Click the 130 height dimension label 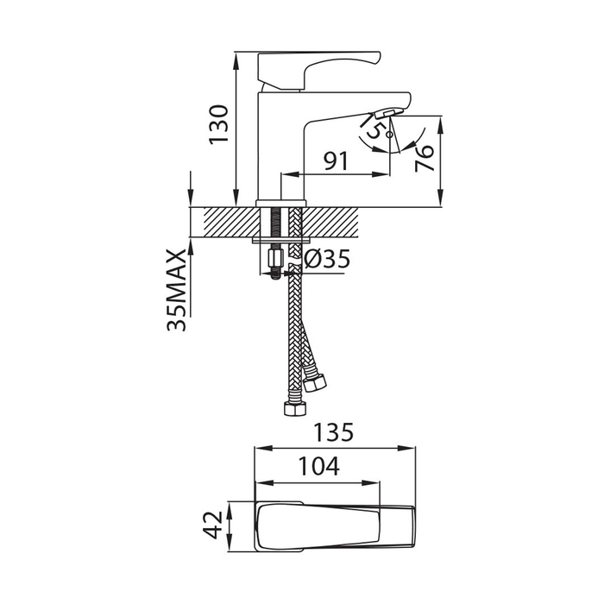(x=218, y=124)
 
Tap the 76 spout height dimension (x=425, y=158)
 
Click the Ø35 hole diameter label (x=327, y=259)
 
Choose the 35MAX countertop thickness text (x=176, y=290)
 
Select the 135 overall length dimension (x=333, y=432)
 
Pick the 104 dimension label (x=319, y=466)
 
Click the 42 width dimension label (x=213, y=525)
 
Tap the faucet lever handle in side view (x=319, y=69)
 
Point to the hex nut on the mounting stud (x=274, y=258)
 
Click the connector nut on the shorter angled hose (x=315, y=382)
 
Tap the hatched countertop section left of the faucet (x=231, y=223)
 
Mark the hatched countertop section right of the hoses (x=330, y=223)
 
